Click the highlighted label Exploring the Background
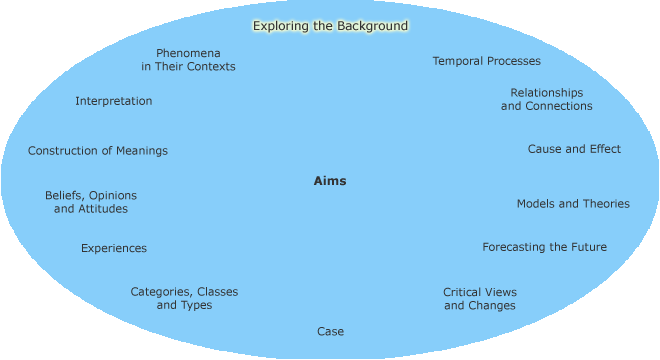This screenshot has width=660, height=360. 330,26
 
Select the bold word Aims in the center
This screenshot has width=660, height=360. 330,181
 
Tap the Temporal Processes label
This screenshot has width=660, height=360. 486,62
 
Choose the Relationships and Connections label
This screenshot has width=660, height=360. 546,99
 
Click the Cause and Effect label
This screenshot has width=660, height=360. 574,149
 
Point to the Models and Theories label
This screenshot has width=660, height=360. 573,204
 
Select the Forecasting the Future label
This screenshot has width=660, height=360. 544,247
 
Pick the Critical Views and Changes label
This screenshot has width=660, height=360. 480,299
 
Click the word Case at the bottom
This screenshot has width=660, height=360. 330,332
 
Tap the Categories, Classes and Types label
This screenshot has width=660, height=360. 184,299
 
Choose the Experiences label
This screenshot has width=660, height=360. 114,248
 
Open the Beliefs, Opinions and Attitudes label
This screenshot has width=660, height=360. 91,202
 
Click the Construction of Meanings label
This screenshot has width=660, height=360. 98,151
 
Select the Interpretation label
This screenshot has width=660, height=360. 114,101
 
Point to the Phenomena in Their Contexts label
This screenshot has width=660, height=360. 188,60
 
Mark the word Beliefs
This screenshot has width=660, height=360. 64,196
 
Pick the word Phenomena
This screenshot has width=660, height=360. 188,53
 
